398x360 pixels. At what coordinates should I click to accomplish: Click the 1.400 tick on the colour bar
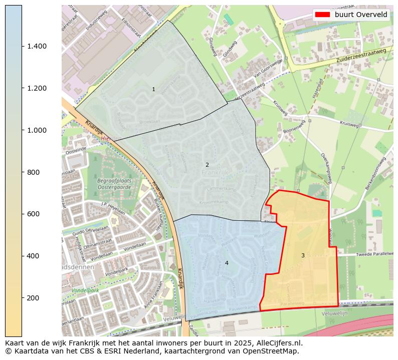[x=37, y=46]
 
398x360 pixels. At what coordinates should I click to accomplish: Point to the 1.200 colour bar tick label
[x=37, y=88]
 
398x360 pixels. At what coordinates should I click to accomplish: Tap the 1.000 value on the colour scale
[x=37, y=130]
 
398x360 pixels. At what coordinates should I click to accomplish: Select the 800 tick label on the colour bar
[x=33, y=172]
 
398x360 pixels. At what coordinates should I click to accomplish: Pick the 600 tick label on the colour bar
[x=33, y=214]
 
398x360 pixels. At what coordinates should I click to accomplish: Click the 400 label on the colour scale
[x=33, y=256]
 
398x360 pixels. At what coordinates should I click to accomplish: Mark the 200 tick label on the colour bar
[x=33, y=298]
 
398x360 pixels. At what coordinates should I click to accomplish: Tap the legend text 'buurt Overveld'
[x=361, y=15]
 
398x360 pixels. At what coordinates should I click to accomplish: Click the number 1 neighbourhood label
[x=153, y=89]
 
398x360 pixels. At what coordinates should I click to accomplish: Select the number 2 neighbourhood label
[x=207, y=165]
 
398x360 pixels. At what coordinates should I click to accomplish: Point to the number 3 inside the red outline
[x=303, y=255]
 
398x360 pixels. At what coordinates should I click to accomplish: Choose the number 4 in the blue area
[x=227, y=263]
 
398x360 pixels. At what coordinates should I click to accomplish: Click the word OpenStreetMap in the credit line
[x=275, y=351]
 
